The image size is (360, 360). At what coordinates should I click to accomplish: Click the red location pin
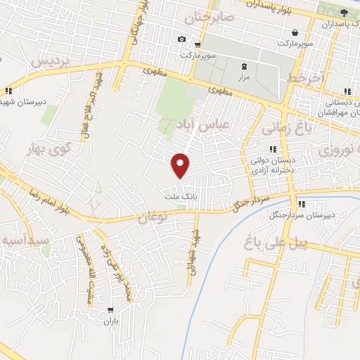[x=181, y=165]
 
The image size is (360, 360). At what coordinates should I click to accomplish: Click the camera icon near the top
[x=182, y=39]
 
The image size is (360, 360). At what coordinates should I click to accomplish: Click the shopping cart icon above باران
[x=111, y=310]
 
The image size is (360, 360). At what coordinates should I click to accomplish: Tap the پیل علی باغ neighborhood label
[x=276, y=243]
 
